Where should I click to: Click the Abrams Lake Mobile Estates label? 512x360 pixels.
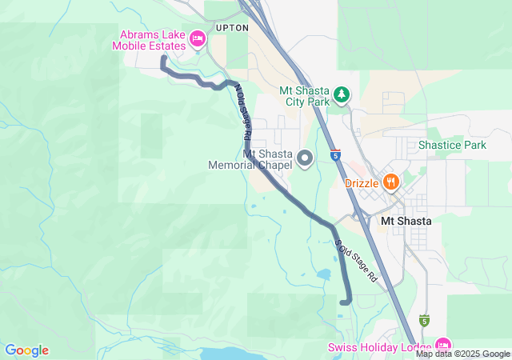[x=153, y=40]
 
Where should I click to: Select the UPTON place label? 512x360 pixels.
[x=232, y=27]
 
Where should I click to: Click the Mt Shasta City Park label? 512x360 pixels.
[x=305, y=96]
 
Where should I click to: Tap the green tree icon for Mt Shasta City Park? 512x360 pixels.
[x=342, y=95]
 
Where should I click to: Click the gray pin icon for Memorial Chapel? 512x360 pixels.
[x=304, y=158]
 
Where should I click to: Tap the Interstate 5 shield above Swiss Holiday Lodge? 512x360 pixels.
[x=424, y=321]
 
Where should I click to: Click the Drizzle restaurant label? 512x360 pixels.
[x=361, y=182]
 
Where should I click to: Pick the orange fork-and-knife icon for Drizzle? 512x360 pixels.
[x=390, y=182]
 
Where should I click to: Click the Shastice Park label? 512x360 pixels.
[x=452, y=146]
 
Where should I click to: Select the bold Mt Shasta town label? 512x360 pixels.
[x=406, y=221]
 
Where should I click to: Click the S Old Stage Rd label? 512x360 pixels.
[x=355, y=263]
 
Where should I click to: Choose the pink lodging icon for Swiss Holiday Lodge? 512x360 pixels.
[x=442, y=346]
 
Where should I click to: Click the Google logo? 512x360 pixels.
[x=26, y=350]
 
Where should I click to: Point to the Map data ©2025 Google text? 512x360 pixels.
[x=462, y=354]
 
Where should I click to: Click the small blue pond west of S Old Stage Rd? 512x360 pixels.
[x=323, y=274]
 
